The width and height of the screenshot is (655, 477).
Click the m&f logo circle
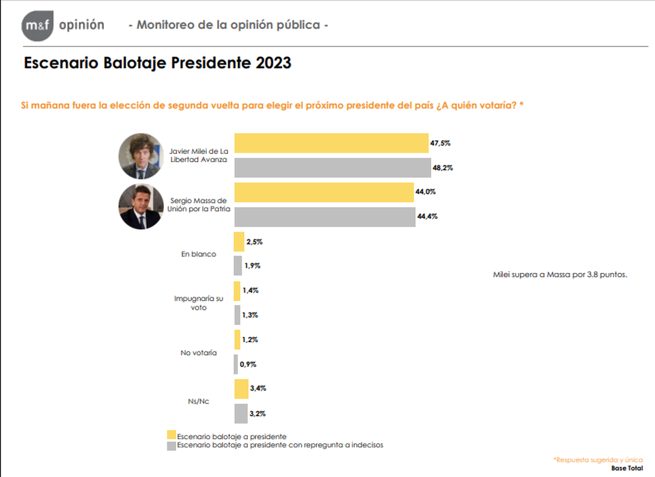38,26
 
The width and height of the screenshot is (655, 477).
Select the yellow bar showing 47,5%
331,143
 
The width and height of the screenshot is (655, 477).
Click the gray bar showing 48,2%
332,168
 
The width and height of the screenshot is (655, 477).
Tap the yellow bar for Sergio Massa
324,192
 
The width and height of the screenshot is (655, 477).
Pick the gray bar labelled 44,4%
325,217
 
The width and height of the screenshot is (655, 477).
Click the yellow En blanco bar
239,241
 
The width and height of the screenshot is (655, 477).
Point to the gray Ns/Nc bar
241,413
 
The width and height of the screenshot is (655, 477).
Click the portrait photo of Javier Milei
141,156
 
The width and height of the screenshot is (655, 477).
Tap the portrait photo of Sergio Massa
141,206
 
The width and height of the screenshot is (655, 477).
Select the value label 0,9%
248,364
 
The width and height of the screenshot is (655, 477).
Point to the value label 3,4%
258,389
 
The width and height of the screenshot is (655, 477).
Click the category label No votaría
199,353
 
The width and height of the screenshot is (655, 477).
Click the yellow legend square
171,435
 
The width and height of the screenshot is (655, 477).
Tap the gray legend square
171,445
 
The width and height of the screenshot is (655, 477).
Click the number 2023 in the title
272,63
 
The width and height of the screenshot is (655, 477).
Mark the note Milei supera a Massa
560,275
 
